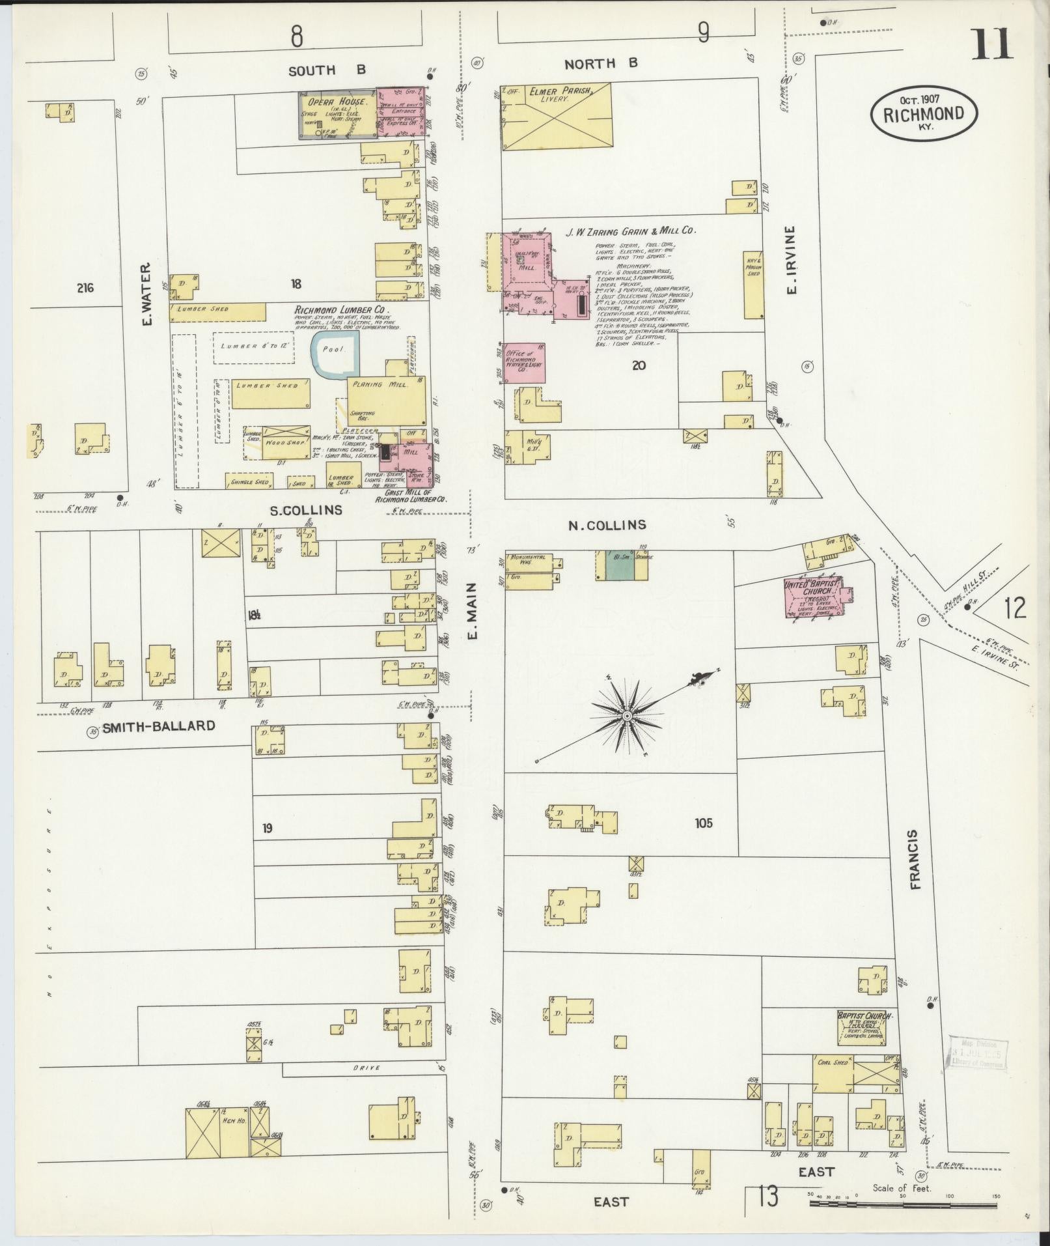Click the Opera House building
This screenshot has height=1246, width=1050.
click(337, 115)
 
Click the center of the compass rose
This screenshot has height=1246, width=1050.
click(627, 716)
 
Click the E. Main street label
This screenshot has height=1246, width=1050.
click(473, 610)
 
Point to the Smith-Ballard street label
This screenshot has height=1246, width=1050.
click(158, 726)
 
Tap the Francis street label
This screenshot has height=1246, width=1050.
click(914, 860)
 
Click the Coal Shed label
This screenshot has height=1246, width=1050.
click(831, 1063)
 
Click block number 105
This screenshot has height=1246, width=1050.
click(703, 823)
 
